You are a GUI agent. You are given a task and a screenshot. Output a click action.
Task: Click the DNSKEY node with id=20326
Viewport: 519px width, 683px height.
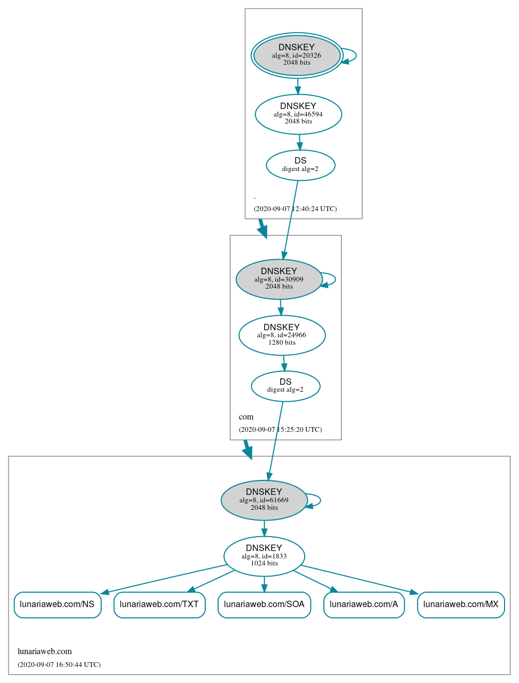(297, 55)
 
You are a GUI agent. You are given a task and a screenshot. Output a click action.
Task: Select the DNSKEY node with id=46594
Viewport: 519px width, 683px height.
(298, 114)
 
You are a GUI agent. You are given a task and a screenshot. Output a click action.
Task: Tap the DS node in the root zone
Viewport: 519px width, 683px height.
(300, 165)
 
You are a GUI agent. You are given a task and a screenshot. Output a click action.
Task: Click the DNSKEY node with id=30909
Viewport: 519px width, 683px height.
(279, 279)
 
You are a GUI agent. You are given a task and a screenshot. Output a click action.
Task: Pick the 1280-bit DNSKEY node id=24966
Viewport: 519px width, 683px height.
(282, 335)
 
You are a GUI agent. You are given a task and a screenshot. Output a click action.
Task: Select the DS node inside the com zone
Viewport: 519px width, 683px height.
(285, 386)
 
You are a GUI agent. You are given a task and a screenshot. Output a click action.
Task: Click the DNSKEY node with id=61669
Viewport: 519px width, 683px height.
(264, 500)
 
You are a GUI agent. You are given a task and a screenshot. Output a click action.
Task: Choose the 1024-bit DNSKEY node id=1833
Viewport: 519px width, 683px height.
(264, 556)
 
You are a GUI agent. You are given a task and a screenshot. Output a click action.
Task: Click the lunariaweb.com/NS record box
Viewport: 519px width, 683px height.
(57, 604)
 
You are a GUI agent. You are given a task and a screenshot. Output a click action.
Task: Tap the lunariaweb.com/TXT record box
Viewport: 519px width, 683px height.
(159, 604)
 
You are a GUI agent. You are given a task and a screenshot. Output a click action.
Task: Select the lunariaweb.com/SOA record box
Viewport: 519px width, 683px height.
(264, 604)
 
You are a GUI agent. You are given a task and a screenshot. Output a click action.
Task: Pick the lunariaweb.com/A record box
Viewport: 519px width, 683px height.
(364, 604)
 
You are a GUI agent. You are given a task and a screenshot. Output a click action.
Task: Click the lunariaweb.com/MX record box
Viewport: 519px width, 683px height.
(461, 604)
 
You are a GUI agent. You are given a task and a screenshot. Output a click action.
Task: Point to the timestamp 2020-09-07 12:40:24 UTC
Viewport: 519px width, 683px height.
(295, 209)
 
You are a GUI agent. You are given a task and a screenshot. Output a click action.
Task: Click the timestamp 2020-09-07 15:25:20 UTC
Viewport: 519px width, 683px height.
(280, 430)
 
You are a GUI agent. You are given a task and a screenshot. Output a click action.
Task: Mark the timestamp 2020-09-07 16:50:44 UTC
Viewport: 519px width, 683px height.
(59, 665)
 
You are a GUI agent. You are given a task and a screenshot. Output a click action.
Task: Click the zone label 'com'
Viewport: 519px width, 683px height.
(246, 417)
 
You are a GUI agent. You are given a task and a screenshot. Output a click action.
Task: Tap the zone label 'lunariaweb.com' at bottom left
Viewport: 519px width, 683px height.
(44, 651)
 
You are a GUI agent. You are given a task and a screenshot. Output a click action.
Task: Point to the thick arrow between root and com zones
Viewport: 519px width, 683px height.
(262, 228)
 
